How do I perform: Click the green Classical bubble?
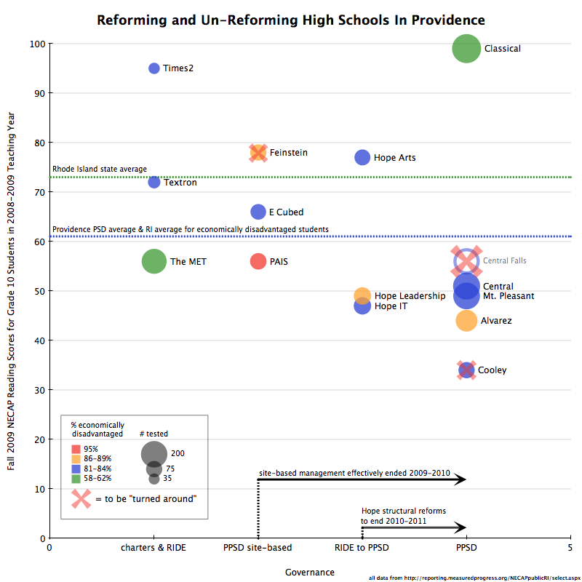click(466, 49)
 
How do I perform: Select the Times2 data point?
click(154, 68)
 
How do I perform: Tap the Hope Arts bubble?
click(362, 157)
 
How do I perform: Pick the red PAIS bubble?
click(258, 261)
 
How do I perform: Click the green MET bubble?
click(154, 261)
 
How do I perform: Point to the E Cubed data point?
click(258, 212)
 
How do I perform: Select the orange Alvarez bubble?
click(466, 320)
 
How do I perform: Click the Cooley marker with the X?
click(466, 370)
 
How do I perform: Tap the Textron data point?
click(154, 182)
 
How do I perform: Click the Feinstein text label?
click(288, 153)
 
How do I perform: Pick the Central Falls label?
click(504, 260)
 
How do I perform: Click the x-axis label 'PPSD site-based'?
click(258, 548)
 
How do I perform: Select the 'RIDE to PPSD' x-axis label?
click(362, 548)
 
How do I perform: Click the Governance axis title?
click(310, 573)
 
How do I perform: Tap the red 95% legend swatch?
click(76, 449)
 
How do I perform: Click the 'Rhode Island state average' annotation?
click(100, 170)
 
